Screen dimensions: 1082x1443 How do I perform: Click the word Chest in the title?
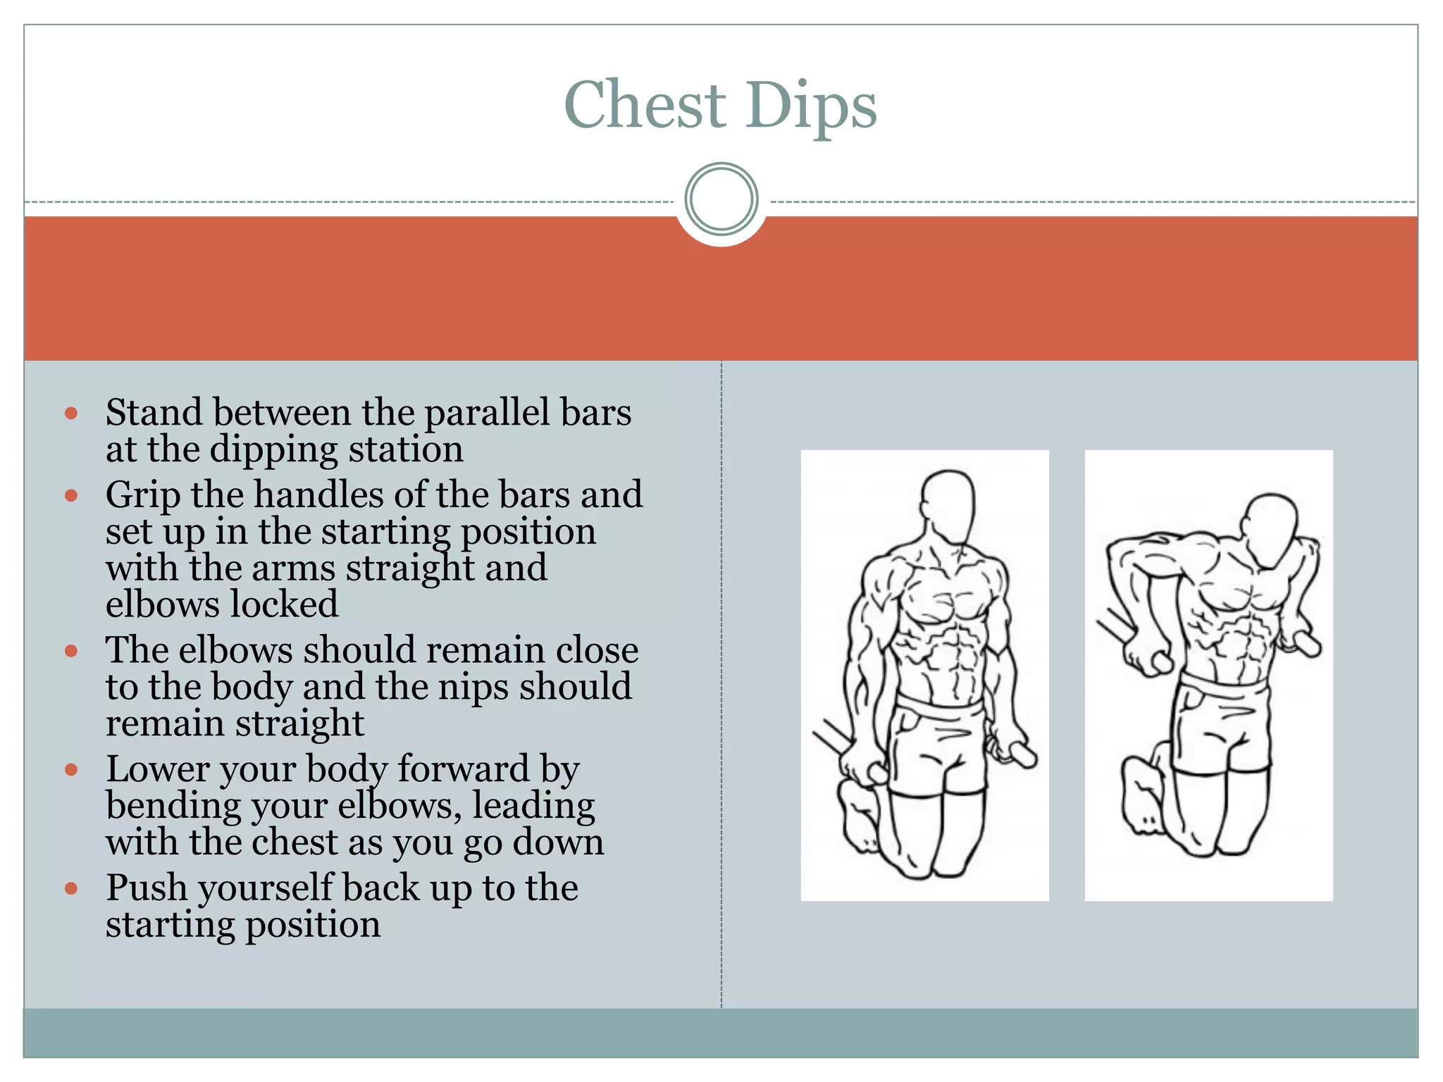645,105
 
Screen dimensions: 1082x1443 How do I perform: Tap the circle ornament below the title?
721,199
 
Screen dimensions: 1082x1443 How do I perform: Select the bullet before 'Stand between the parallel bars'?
71,413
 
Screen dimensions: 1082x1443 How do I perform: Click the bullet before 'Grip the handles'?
71,495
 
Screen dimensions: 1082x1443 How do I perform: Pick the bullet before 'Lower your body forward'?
71,769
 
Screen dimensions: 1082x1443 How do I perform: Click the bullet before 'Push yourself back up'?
71,889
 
